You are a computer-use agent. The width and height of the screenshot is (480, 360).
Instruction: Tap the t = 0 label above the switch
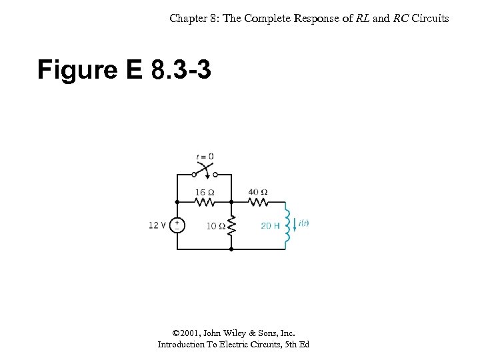coord(205,157)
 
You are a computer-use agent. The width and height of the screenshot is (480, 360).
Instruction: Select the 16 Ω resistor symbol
coord(205,201)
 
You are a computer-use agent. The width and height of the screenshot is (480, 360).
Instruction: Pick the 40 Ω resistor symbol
coord(258,201)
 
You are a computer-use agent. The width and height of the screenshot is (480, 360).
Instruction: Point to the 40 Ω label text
coord(258,192)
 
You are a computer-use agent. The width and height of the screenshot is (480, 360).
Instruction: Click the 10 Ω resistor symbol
coord(231,226)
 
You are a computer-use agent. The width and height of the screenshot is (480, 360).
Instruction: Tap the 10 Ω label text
coord(215,226)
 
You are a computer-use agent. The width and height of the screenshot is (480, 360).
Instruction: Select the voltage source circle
coord(177,225)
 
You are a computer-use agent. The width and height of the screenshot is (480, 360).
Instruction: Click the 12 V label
coord(157,225)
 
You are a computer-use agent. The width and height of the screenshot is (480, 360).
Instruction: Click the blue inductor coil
coord(288,225)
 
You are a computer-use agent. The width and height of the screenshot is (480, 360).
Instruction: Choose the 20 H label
coord(270,226)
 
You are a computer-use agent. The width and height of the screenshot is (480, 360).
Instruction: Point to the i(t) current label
coord(304,223)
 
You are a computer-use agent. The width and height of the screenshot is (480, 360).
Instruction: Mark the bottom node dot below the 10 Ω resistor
coord(231,249)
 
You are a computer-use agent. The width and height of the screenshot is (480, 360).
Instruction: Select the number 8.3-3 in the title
coord(181,69)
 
